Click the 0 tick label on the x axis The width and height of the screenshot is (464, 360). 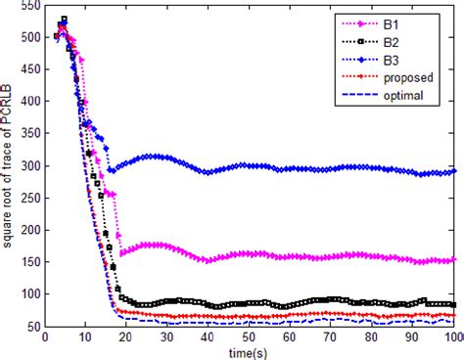tap(45, 337)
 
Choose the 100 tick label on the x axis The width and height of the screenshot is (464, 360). tap(452, 337)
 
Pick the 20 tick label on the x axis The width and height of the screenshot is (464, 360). tap(127, 337)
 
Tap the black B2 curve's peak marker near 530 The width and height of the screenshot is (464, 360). tap(63, 20)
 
